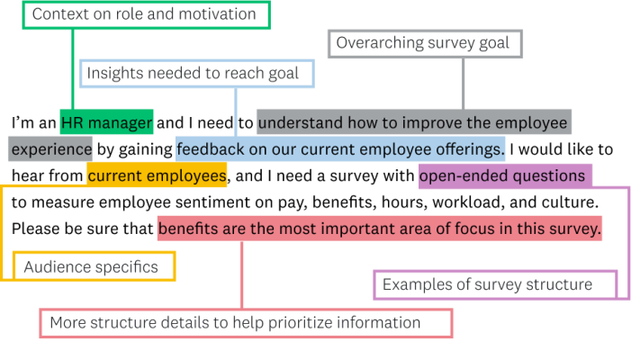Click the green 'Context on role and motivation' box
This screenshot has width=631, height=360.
[x=144, y=14]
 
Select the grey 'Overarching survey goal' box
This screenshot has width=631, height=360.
[x=424, y=43]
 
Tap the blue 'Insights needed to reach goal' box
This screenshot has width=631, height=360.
[x=197, y=73]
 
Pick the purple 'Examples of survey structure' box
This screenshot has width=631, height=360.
[x=494, y=284]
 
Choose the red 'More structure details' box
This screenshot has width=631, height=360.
[x=245, y=322]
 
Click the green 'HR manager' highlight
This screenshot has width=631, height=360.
[x=106, y=121]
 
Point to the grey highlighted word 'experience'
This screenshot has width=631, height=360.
[x=51, y=148]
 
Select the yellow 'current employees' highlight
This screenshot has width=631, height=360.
[x=157, y=175]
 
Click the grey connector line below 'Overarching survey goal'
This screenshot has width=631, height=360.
[x=464, y=83]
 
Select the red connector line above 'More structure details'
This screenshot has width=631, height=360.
[x=242, y=274]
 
